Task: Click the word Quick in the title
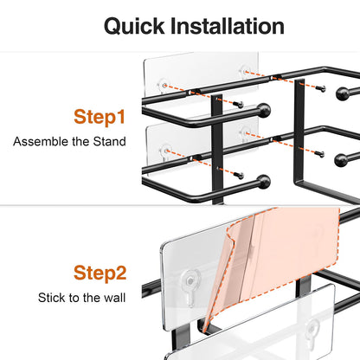point(134,26)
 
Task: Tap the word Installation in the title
point(228,26)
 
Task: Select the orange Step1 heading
point(100,117)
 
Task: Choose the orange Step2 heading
point(100,273)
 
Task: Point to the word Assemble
point(41,142)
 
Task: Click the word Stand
point(109,142)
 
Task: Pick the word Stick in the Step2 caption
point(49,298)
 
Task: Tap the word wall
point(115,298)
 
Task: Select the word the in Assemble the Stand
point(80,142)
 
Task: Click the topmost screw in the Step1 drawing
point(320,88)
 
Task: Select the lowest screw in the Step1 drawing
point(239,175)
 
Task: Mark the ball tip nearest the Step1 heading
point(264,110)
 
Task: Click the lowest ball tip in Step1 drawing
point(264,182)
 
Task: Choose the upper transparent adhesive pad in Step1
point(201,75)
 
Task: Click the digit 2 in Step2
point(120,273)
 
